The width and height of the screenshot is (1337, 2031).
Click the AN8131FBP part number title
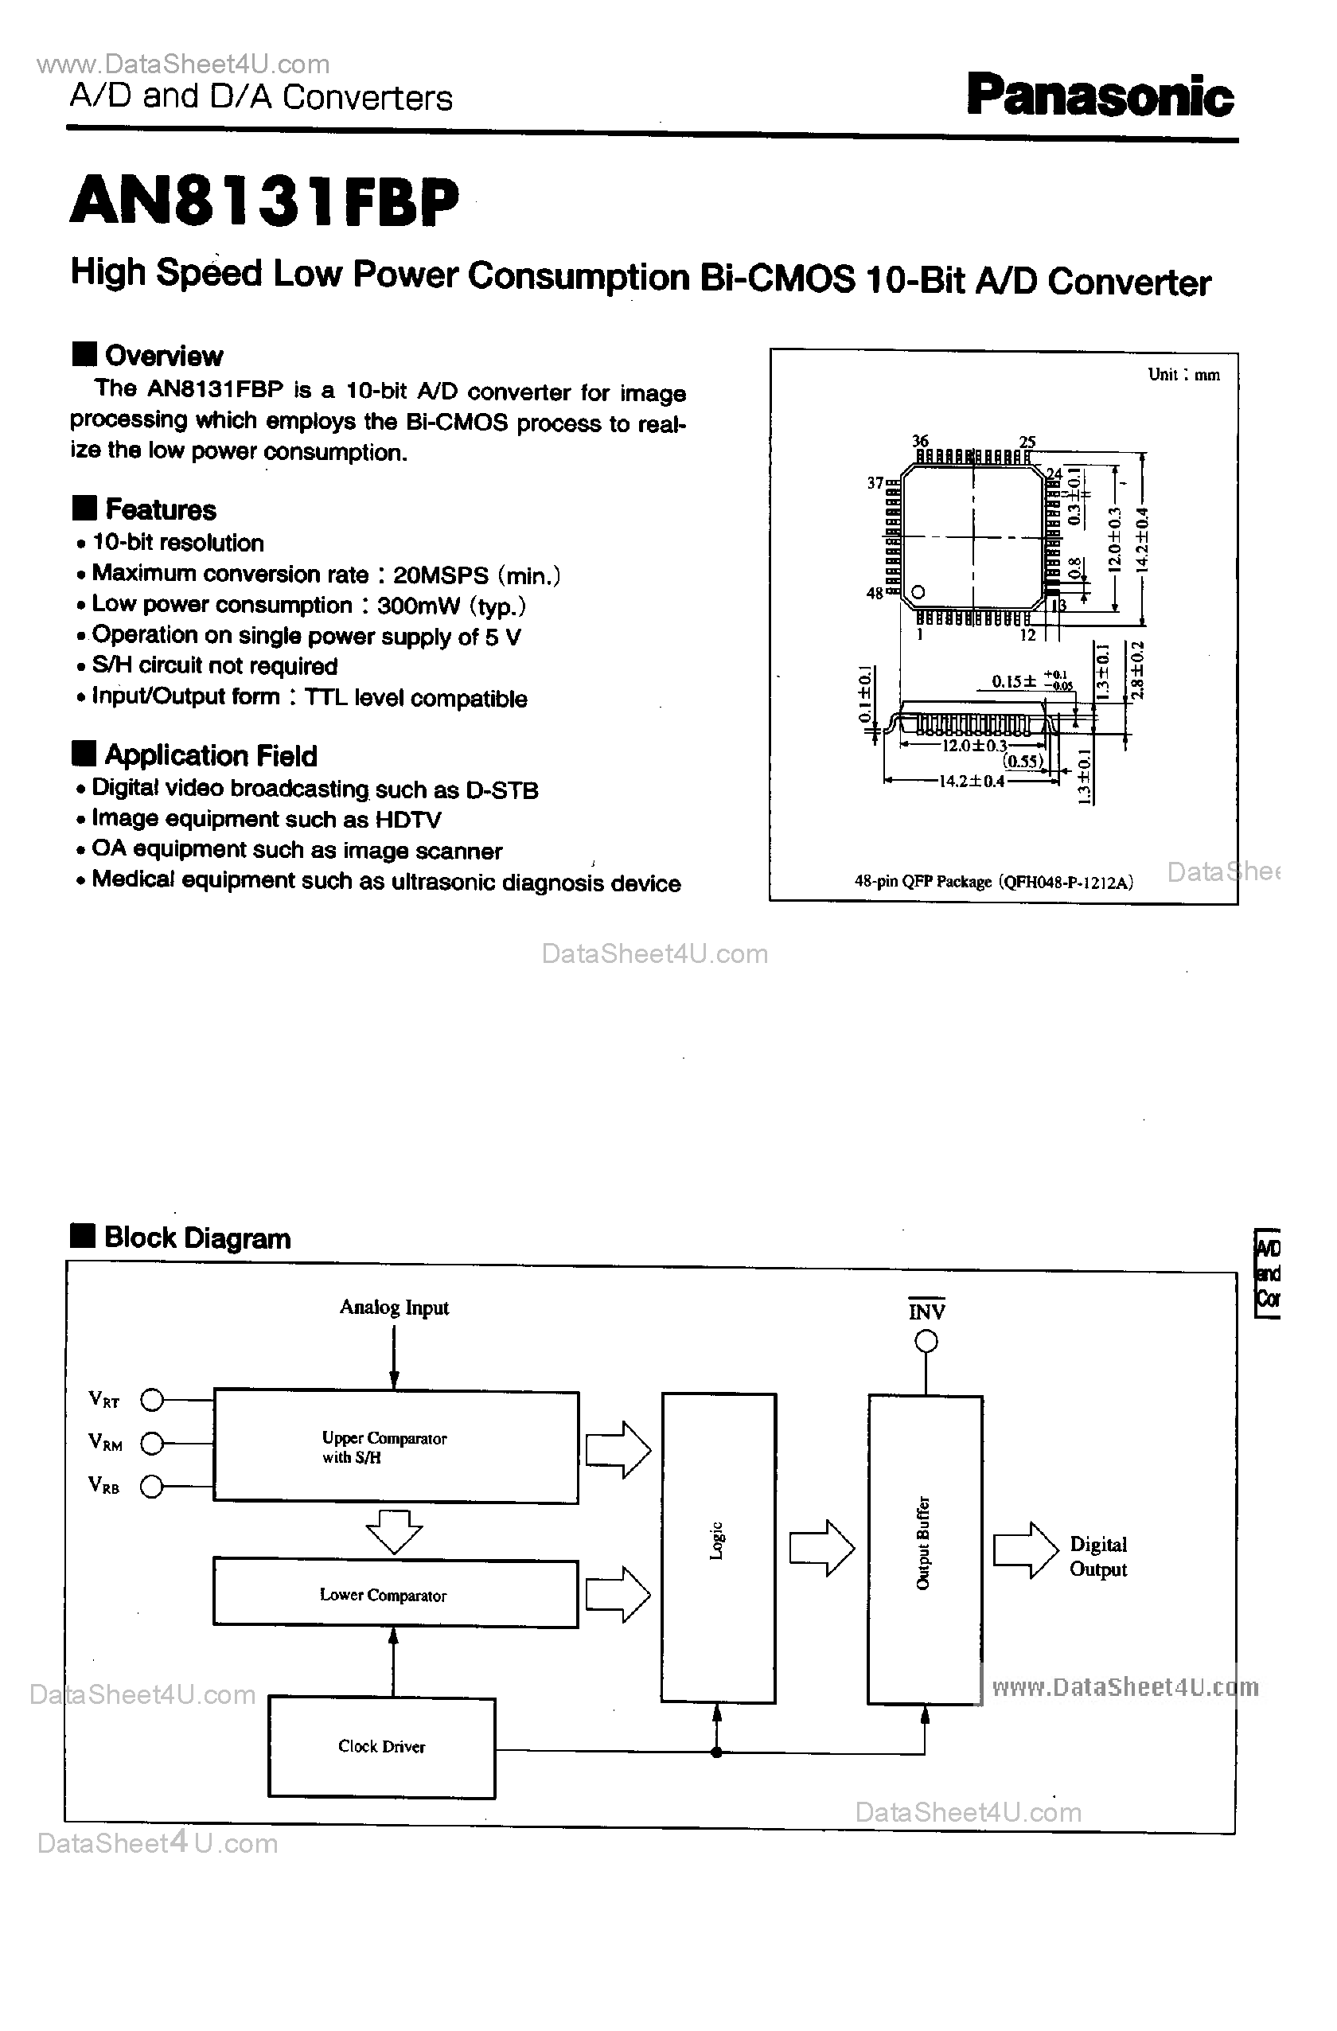tap(264, 202)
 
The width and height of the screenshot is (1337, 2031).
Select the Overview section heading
tap(163, 355)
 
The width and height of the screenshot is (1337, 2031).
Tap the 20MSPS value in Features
tap(440, 575)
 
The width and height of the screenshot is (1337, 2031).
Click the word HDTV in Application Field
tap(407, 820)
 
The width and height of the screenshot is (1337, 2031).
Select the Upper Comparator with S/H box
tap(396, 1446)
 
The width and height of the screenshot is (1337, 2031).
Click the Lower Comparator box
tap(396, 1594)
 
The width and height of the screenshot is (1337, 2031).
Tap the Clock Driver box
tap(381, 1747)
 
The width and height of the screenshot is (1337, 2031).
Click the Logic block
tap(718, 1547)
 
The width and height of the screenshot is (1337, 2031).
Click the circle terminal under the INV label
tap(926, 1342)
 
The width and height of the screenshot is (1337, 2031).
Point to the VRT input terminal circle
tap(152, 1400)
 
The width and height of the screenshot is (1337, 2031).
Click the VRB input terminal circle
tap(152, 1487)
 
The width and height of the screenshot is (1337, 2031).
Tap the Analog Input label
tap(393, 1308)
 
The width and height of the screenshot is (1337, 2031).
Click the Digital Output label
tap(1098, 1557)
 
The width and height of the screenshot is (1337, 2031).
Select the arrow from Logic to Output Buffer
tap(821, 1547)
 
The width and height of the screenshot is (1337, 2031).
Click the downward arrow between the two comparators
tap(393, 1531)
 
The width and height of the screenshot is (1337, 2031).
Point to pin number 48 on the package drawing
tap(875, 593)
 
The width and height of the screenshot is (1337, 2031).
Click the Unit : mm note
tap(1183, 375)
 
